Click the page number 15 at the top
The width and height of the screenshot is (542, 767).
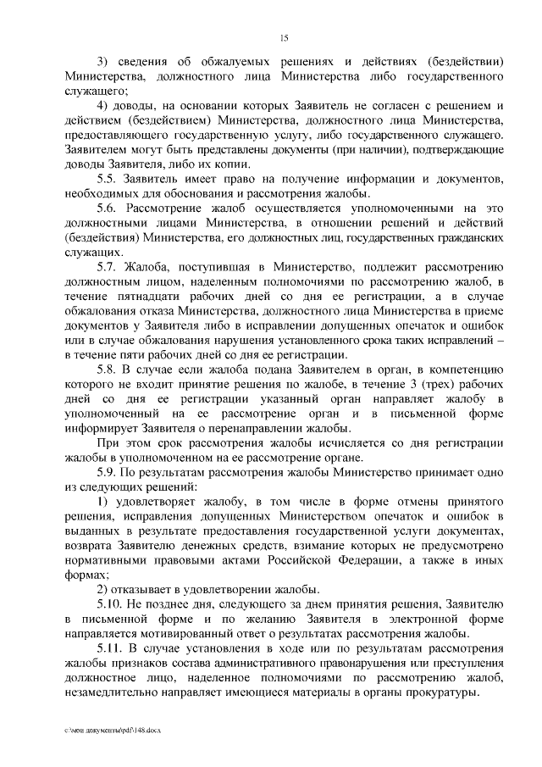tap(284, 36)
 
